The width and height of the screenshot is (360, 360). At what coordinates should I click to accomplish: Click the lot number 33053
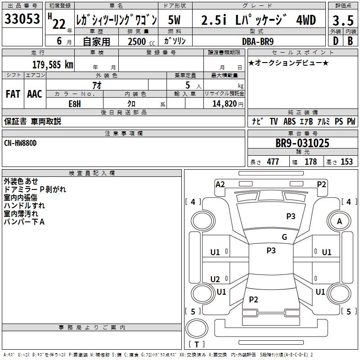click(x=22, y=19)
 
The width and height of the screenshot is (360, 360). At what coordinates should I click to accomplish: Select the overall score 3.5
click(x=343, y=21)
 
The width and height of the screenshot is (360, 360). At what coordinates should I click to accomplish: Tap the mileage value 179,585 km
click(x=53, y=64)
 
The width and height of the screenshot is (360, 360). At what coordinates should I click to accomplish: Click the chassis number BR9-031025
click(x=302, y=144)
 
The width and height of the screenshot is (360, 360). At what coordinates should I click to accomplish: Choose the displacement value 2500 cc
click(x=138, y=41)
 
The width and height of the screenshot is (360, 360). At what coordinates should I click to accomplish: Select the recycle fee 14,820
click(x=224, y=104)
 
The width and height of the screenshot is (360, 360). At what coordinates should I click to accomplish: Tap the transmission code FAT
click(x=13, y=94)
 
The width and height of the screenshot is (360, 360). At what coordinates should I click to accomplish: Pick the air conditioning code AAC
click(x=34, y=94)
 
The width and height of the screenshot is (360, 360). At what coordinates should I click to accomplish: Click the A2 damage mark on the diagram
click(x=220, y=184)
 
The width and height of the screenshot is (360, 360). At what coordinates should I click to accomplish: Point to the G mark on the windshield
click(x=284, y=237)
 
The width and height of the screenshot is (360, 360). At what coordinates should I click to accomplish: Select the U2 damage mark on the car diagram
click(x=215, y=279)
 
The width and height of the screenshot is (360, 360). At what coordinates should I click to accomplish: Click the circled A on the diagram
click(x=340, y=221)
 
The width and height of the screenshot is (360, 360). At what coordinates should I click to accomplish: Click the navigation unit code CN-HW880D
click(x=20, y=143)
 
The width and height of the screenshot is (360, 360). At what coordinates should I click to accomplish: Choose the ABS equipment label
click(x=289, y=121)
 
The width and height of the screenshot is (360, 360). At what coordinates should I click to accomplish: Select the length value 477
click(x=273, y=162)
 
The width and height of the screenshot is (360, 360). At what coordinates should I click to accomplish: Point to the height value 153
click(x=346, y=162)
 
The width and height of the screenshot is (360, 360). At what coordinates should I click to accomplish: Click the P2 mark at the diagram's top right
click(x=321, y=184)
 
